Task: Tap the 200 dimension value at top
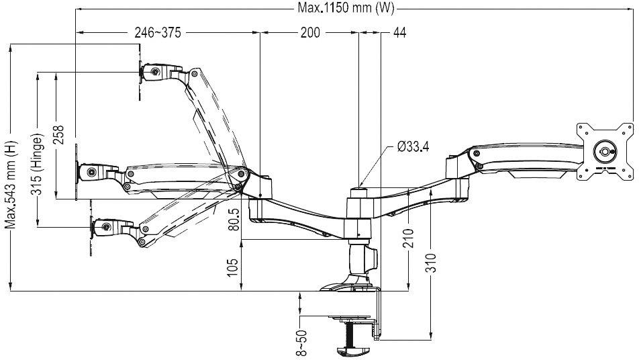point(309,33)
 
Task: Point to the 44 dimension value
point(399,33)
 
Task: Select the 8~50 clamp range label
point(303,341)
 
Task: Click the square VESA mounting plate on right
point(605,151)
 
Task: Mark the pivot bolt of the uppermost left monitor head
point(156,71)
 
